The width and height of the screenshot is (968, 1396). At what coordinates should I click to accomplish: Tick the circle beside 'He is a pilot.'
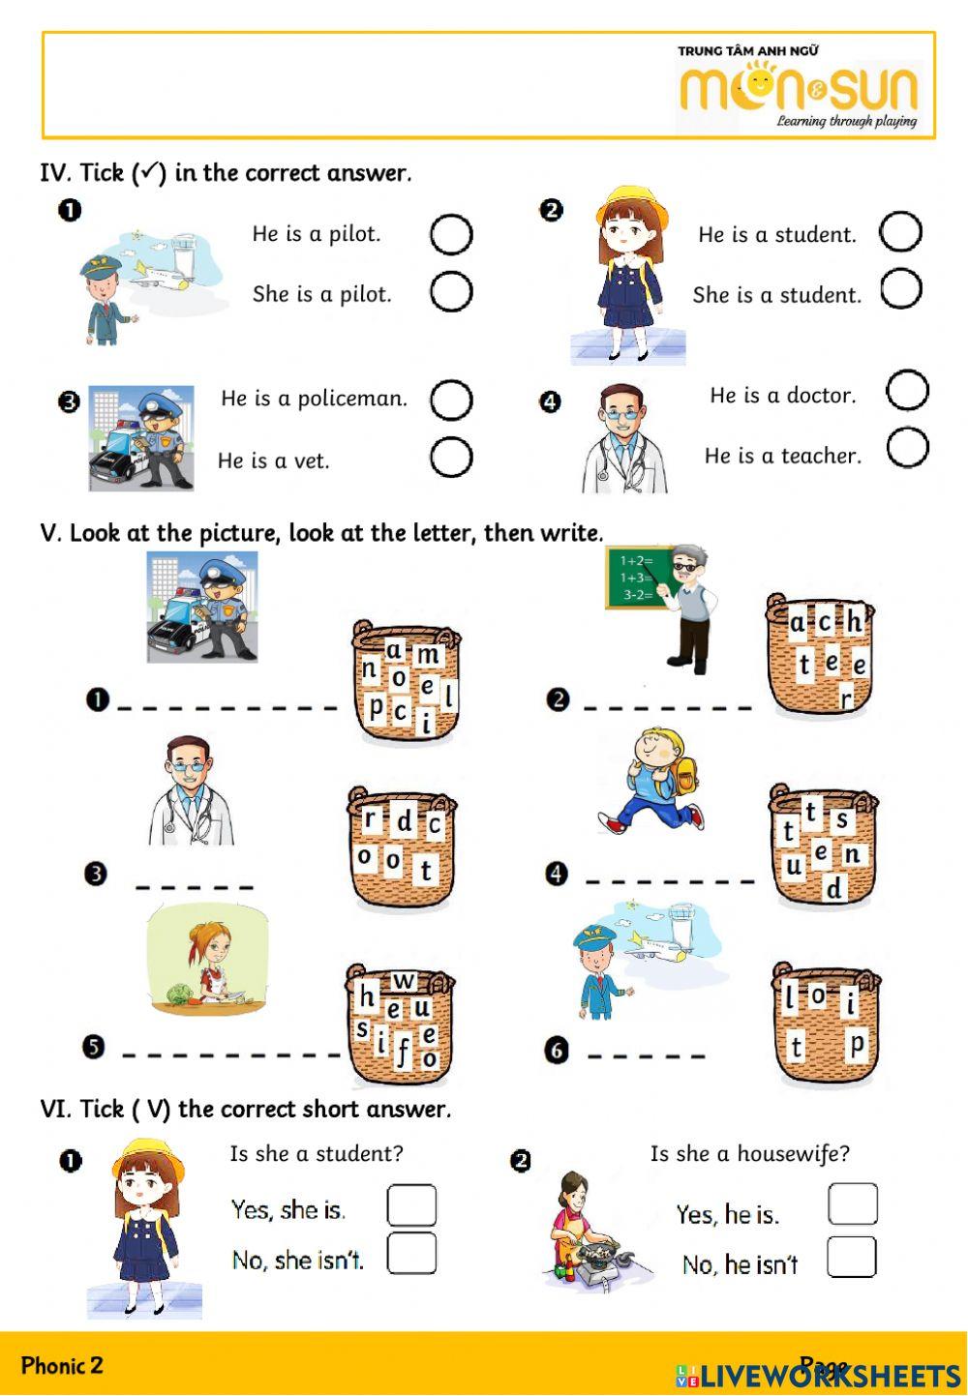tap(450, 234)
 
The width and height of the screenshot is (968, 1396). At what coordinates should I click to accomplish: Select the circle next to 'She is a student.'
tap(900, 288)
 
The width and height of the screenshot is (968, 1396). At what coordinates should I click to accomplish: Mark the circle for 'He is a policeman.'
tap(450, 400)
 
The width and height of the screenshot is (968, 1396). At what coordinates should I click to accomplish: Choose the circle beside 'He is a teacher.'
tap(907, 448)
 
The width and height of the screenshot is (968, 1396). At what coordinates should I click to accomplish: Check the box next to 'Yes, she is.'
tap(411, 1205)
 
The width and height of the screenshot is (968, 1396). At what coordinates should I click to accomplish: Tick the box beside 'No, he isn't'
tap(852, 1258)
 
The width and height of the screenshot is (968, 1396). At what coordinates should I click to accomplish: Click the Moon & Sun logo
tap(798, 88)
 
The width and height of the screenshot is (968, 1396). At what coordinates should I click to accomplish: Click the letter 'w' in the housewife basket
tap(405, 982)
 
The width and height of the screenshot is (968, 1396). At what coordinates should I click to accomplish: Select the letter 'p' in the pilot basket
tap(856, 1045)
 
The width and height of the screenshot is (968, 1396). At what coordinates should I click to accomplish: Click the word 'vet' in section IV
tap(312, 461)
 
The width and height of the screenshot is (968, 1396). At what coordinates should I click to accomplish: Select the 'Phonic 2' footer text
tap(62, 1365)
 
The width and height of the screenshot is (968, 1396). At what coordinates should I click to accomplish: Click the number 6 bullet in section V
tap(556, 1051)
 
